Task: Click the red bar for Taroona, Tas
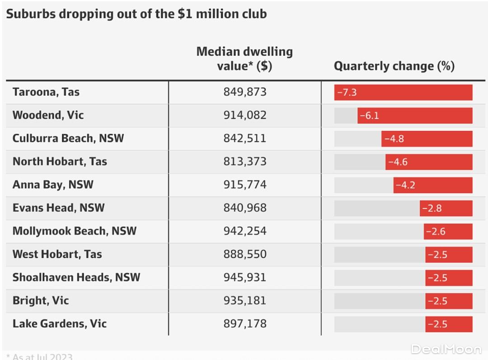[x=403, y=92]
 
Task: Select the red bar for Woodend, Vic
[x=415, y=116]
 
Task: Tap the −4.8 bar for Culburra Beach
[x=427, y=139]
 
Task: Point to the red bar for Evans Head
[x=446, y=208]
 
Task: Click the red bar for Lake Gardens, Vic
[x=449, y=324]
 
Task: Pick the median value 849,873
[x=245, y=92]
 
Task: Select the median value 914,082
[x=245, y=115]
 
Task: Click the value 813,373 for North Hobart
[x=245, y=162]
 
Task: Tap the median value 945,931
[x=245, y=277]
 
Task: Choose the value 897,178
[x=245, y=323]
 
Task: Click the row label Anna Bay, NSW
[x=53, y=185]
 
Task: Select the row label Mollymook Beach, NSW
[x=75, y=231]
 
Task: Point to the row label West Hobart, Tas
[x=57, y=254]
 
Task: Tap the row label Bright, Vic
[x=41, y=300]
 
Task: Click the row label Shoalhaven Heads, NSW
[x=76, y=277]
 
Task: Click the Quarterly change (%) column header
[x=394, y=66]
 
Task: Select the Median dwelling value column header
[x=244, y=59]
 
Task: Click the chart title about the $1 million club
[x=136, y=14]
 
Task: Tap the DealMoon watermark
[x=446, y=349]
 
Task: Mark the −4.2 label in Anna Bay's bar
[x=405, y=185]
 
